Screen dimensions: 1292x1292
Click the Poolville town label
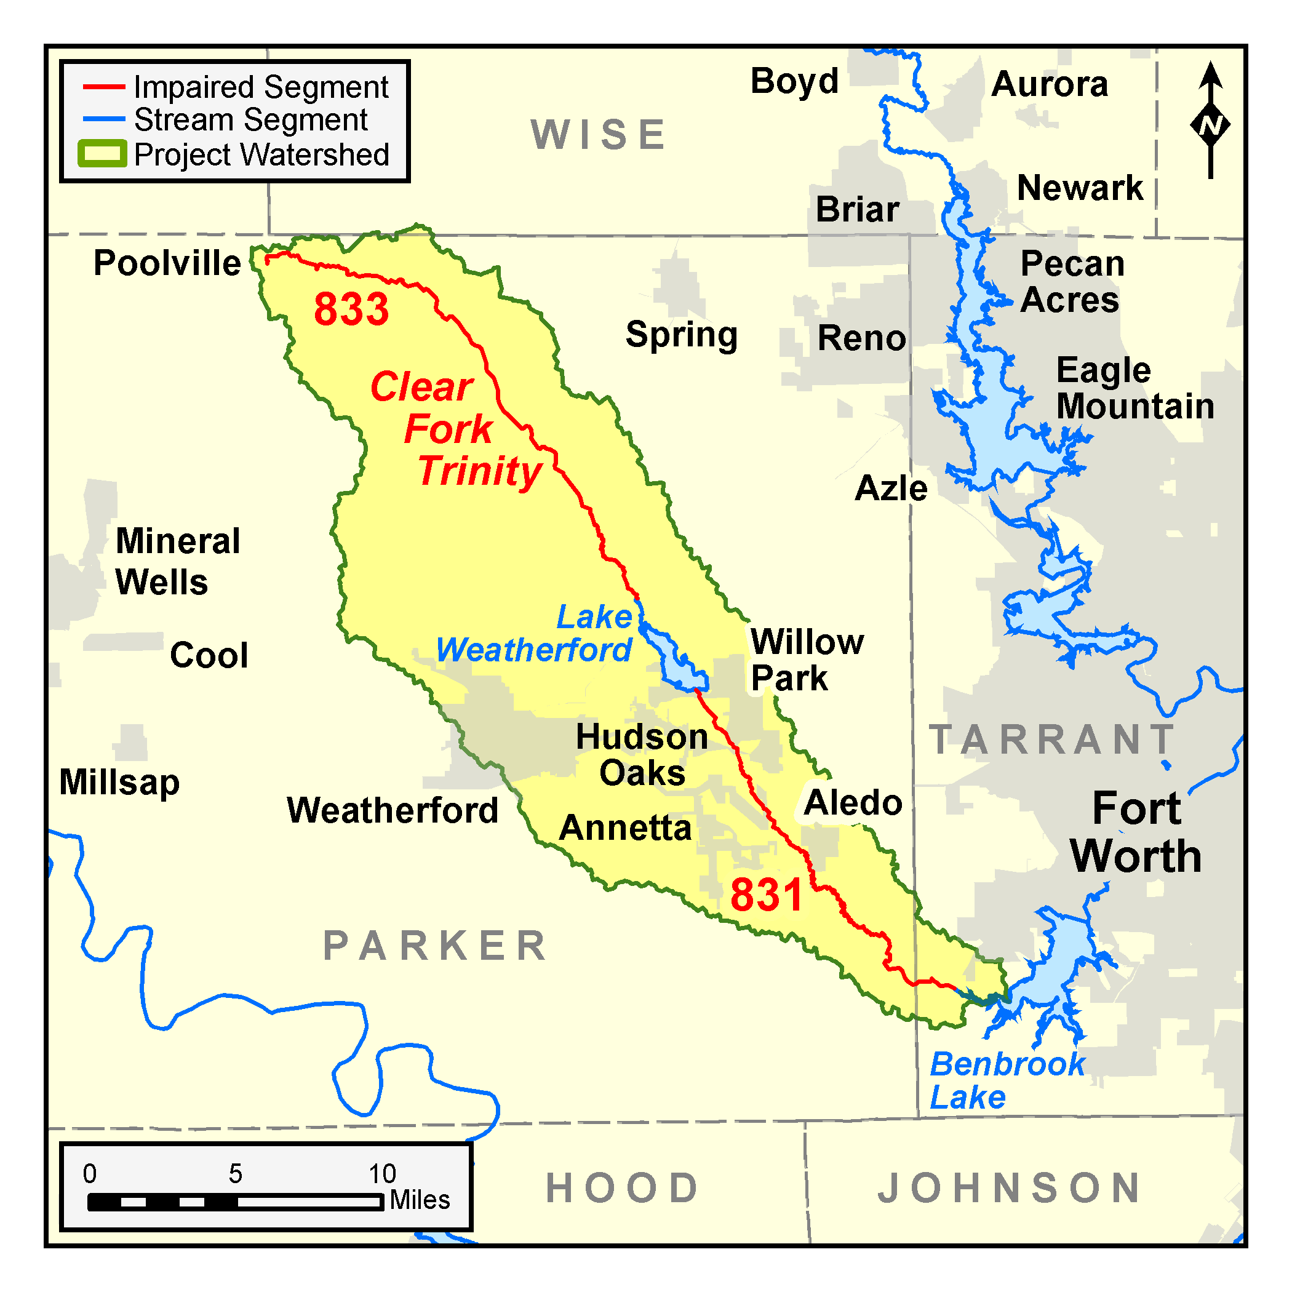tap(167, 263)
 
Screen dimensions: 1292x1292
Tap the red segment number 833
tap(351, 309)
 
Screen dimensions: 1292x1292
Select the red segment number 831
tap(766, 895)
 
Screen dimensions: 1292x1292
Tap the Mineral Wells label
tap(177, 561)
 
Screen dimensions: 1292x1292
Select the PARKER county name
tap(436, 946)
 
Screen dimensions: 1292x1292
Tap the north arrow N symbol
tap(1210, 125)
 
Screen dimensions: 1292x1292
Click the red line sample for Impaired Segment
tap(103, 87)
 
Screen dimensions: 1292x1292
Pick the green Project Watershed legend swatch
tap(102, 154)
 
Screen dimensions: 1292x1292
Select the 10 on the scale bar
tap(383, 1174)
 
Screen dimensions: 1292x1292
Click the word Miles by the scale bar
tap(420, 1200)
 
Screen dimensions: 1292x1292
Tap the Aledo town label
tap(853, 802)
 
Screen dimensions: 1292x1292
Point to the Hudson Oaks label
tap(642, 755)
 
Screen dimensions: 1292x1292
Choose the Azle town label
tap(891, 488)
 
